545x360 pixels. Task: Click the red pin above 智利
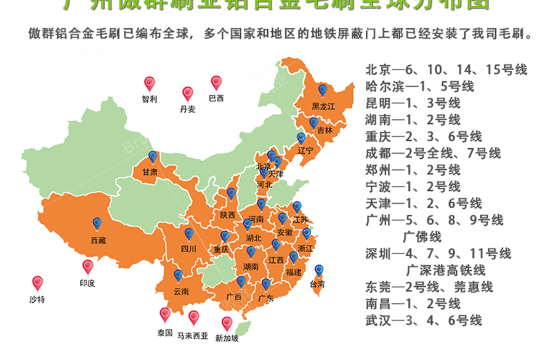(x=149, y=84)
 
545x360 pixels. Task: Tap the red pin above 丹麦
(x=188, y=94)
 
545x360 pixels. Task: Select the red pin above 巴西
(x=216, y=82)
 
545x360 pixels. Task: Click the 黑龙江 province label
(x=323, y=106)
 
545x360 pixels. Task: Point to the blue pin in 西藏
(x=97, y=225)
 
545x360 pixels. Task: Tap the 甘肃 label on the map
(x=149, y=172)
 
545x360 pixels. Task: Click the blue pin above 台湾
(x=319, y=271)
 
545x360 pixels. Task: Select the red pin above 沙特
(x=38, y=284)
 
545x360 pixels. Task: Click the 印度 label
(x=87, y=284)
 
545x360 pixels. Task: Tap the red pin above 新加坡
(x=227, y=324)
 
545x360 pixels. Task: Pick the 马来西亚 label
(x=193, y=336)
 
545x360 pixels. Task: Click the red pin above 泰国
(x=164, y=315)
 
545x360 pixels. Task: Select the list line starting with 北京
(x=446, y=70)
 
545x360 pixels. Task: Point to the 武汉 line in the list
(x=423, y=319)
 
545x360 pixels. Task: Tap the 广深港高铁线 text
(x=445, y=270)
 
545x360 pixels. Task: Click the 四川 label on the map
(x=188, y=249)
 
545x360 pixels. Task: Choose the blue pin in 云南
(x=178, y=276)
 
